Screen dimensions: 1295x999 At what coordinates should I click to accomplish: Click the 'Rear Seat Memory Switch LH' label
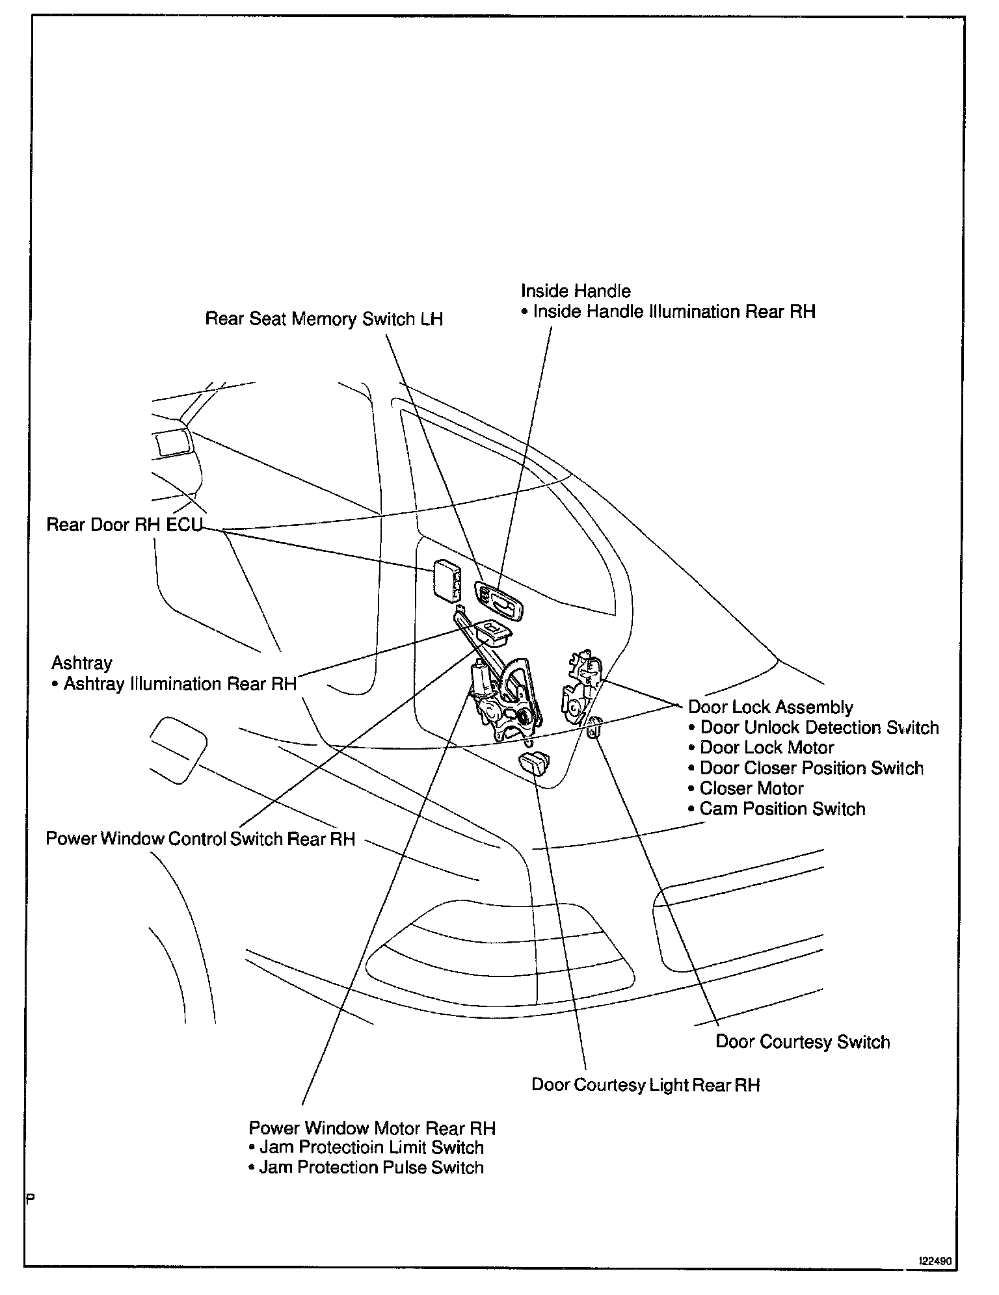click(324, 319)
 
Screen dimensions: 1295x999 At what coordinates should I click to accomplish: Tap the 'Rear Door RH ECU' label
click(125, 525)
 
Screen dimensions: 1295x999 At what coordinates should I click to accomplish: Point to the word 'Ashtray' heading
click(82, 663)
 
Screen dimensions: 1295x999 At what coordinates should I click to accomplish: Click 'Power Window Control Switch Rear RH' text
click(200, 839)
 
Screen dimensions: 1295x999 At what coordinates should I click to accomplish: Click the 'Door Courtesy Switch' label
click(803, 1041)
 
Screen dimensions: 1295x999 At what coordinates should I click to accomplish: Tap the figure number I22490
click(935, 1261)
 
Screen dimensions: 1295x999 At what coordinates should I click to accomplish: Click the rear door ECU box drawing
click(447, 581)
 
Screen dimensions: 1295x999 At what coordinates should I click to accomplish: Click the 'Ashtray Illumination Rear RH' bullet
click(180, 684)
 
